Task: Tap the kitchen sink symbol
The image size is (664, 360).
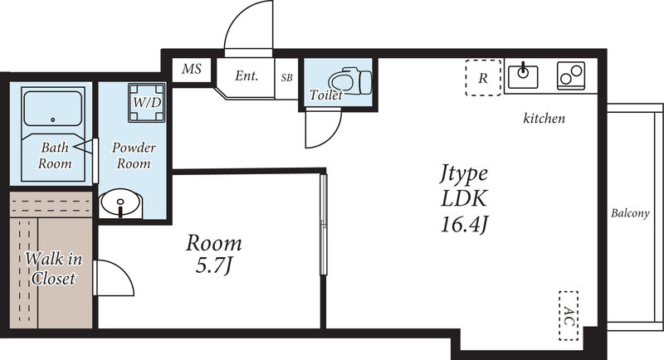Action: [524, 75]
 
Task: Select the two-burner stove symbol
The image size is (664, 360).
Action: [570, 75]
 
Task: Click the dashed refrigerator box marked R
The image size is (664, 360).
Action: [483, 78]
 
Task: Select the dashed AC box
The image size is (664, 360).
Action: [569, 314]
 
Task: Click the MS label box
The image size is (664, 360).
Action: [193, 70]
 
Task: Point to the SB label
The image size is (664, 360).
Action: [286, 78]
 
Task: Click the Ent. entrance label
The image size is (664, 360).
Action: [247, 76]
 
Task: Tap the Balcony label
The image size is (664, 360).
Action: [630, 213]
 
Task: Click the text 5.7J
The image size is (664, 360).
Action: [213, 267]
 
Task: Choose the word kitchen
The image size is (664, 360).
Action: [544, 119]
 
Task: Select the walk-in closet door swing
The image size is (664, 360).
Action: [115, 279]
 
